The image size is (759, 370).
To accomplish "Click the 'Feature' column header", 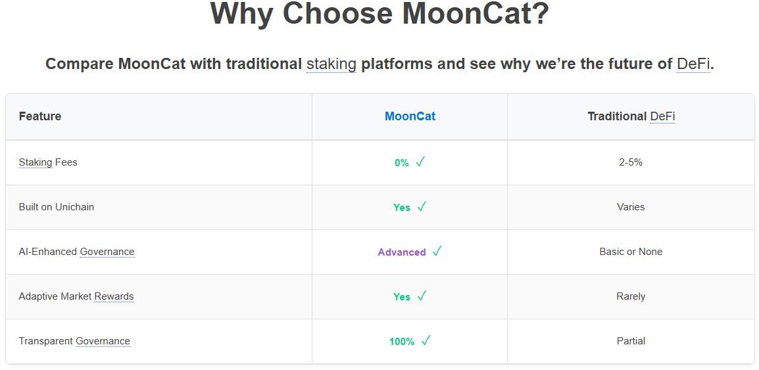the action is coord(39,116).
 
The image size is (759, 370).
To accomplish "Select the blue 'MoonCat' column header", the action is coord(410,116).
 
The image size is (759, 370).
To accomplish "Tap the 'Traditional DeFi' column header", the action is coord(631,116).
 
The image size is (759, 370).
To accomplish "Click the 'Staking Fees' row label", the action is coord(48,162).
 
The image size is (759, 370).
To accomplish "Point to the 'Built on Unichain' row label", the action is coord(56,207).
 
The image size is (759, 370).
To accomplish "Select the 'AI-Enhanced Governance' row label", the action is coord(76,252).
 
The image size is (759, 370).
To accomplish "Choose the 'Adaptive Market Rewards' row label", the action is coord(76,296).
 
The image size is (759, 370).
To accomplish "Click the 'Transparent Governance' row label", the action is coord(74,342).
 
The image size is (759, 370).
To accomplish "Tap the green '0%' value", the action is coord(402,163).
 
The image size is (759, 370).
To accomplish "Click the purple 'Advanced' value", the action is coord(402,252).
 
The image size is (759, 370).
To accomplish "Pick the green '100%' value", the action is coord(402,342).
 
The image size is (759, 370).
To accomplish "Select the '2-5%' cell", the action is coord(631,162).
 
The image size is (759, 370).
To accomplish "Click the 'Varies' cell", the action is coord(631,207).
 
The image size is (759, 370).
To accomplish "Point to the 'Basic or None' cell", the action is coord(631,252).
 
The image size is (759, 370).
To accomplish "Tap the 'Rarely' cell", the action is coord(631,296).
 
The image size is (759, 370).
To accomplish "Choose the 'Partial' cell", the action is coord(631,342).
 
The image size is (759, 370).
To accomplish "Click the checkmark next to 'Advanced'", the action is coord(437,252).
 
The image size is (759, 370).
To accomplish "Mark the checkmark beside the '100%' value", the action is coord(426,341).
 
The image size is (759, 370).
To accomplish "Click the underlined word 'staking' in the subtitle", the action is coord(331,64).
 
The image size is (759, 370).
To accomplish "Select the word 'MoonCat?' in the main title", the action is coord(476,14).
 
